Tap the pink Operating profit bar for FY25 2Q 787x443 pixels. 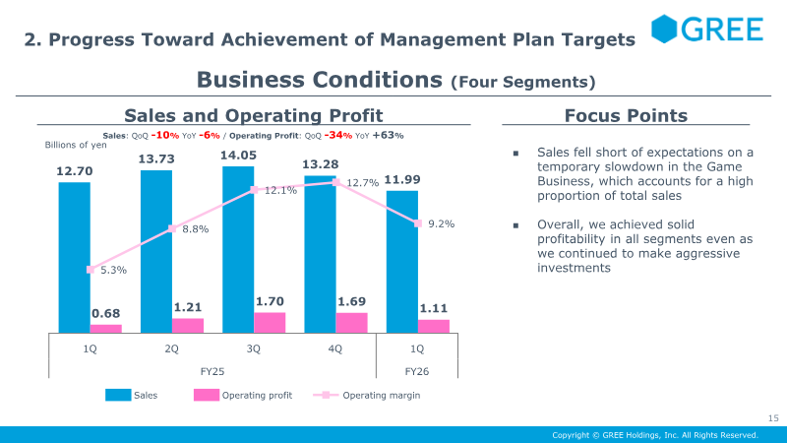point(188,325)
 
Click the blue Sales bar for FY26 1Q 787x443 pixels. point(401,262)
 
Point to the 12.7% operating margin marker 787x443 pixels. point(335,182)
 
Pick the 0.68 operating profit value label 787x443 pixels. point(105,314)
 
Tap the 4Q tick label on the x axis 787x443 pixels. point(335,349)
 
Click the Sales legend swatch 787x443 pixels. point(117,395)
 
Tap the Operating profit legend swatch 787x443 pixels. point(206,395)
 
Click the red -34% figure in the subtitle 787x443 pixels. point(337,135)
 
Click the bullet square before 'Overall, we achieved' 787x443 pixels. point(515,225)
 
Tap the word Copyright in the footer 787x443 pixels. point(571,435)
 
